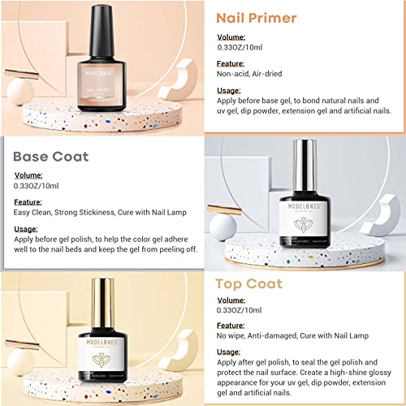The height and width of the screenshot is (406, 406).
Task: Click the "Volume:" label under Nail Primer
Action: tap(231, 37)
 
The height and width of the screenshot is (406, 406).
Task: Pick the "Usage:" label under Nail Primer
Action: tap(230, 89)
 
